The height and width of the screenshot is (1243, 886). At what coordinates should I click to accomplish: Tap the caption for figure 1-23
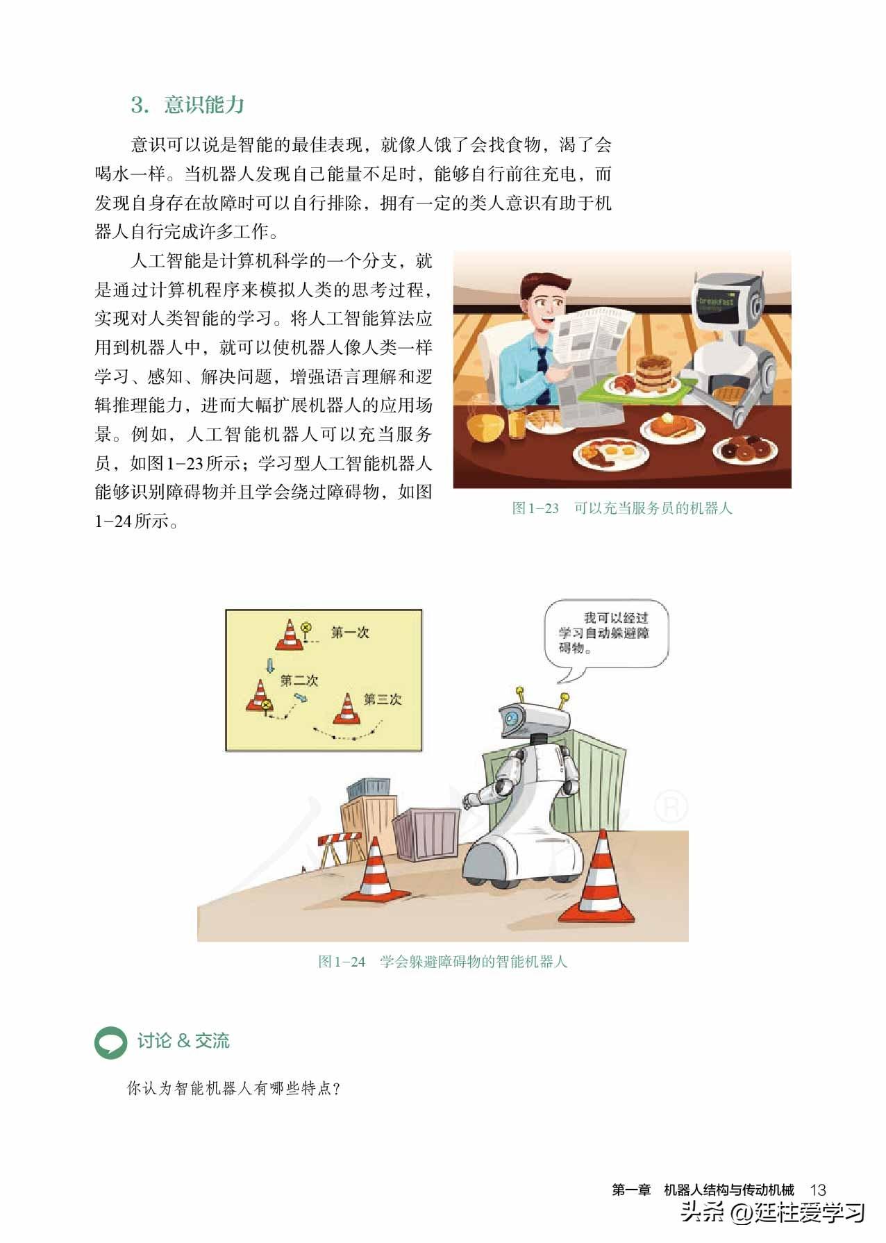click(622, 508)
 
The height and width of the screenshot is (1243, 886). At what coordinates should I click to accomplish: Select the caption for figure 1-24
click(443, 962)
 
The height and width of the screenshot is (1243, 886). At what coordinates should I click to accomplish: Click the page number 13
click(817, 1190)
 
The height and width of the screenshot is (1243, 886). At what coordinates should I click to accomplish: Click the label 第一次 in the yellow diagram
click(350, 633)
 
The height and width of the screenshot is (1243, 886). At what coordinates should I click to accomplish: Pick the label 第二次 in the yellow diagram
click(299, 681)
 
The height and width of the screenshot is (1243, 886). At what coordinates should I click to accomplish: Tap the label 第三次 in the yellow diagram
click(383, 699)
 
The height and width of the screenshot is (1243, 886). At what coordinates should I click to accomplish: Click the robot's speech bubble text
click(604, 633)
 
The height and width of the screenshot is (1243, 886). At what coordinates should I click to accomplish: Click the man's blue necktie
click(542, 375)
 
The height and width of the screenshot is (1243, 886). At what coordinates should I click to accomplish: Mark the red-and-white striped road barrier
click(340, 847)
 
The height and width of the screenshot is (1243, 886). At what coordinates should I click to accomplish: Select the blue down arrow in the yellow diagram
click(270, 666)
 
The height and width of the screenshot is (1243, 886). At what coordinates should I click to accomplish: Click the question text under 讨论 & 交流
click(234, 1088)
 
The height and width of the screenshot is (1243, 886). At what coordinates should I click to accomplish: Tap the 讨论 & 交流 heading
click(183, 1041)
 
